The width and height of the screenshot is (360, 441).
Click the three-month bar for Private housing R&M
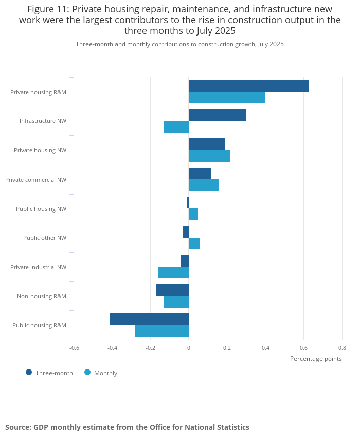point(249,86)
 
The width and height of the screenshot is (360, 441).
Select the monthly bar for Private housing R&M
point(227,98)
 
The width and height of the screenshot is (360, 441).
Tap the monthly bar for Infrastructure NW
point(176,127)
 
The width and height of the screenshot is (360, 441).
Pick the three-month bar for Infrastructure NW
point(217,115)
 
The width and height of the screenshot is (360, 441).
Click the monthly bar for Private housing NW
point(209,156)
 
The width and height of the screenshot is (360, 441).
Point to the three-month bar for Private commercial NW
point(200,173)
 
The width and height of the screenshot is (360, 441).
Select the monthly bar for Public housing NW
point(193,214)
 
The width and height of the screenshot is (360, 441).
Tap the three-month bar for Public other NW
point(186,232)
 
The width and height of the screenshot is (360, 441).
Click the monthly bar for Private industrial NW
point(173,272)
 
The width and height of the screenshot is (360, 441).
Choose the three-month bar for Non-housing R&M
point(172,290)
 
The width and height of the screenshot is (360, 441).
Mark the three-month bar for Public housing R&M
point(149,319)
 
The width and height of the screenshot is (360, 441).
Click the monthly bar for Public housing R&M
point(161,331)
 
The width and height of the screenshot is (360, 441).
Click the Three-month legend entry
point(49,373)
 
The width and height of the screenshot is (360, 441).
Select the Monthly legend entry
point(101,373)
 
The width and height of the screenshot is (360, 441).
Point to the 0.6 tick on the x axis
point(303,347)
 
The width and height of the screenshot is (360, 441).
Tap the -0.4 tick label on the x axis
point(112,347)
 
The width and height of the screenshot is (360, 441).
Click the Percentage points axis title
point(316,358)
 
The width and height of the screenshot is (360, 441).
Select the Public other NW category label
point(45,238)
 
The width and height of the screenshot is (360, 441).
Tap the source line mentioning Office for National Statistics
point(127,427)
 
